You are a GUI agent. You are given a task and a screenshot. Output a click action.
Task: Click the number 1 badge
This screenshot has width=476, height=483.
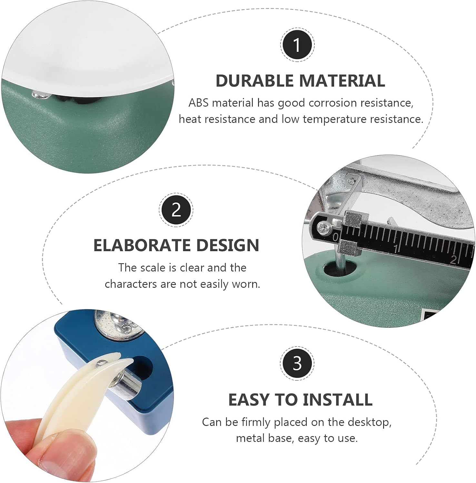click(297, 45)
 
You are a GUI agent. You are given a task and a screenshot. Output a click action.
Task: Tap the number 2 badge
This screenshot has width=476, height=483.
click(176, 210)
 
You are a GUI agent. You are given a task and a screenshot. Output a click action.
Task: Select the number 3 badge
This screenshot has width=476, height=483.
click(297, 363)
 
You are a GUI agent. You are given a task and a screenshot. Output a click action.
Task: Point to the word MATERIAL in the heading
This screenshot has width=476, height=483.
click(340, 80)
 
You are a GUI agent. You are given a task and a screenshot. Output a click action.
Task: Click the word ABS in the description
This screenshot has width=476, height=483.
click(199, 103)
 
